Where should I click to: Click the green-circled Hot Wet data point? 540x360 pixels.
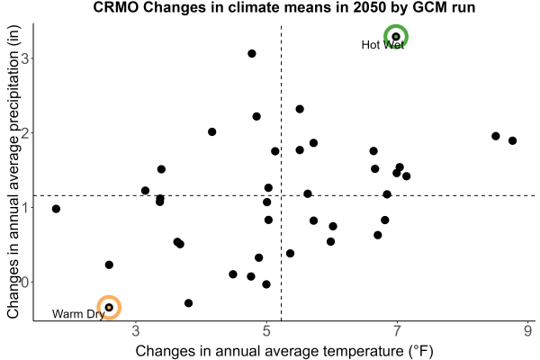396,37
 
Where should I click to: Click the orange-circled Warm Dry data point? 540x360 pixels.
109,307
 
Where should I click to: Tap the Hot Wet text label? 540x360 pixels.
382,45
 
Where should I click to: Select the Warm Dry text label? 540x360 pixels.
78,314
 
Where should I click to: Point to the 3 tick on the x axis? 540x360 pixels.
136,331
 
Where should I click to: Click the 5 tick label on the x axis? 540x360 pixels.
266,331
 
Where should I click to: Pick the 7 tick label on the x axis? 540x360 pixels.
397,331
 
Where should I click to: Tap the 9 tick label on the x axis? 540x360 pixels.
528,331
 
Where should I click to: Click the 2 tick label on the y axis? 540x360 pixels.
25,133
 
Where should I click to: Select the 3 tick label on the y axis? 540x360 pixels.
25,58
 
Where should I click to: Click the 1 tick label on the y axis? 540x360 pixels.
25,207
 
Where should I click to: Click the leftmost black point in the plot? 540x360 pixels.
56,209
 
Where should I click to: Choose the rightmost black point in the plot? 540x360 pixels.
512,140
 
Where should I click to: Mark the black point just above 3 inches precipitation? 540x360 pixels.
252,53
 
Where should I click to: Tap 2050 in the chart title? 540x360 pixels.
369,7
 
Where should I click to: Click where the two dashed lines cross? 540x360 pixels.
282,195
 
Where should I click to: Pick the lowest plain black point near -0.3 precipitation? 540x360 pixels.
188,303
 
